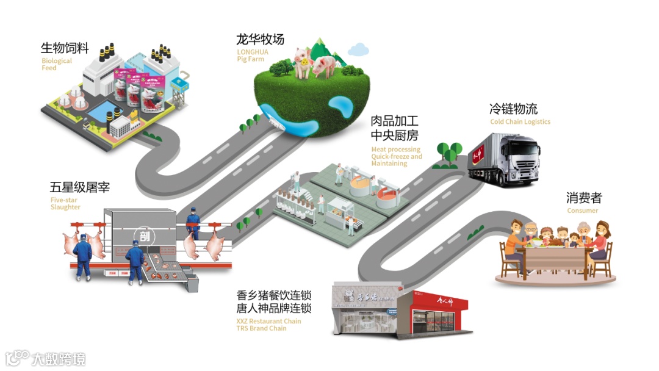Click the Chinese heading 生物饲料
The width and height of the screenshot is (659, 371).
65,48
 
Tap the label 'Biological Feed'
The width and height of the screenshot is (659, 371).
56,65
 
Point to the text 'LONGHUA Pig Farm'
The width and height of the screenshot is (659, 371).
252,56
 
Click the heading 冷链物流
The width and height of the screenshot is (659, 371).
513,109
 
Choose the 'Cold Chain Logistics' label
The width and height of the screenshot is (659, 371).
520,122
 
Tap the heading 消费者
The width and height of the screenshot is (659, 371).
583,198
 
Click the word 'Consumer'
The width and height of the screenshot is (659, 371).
583,211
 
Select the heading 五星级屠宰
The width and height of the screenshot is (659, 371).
79,187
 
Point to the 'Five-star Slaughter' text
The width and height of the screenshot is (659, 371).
65,203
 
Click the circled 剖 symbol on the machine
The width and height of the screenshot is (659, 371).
143,235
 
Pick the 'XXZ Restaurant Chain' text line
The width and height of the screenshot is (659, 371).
268,321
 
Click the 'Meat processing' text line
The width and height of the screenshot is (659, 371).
395,149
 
